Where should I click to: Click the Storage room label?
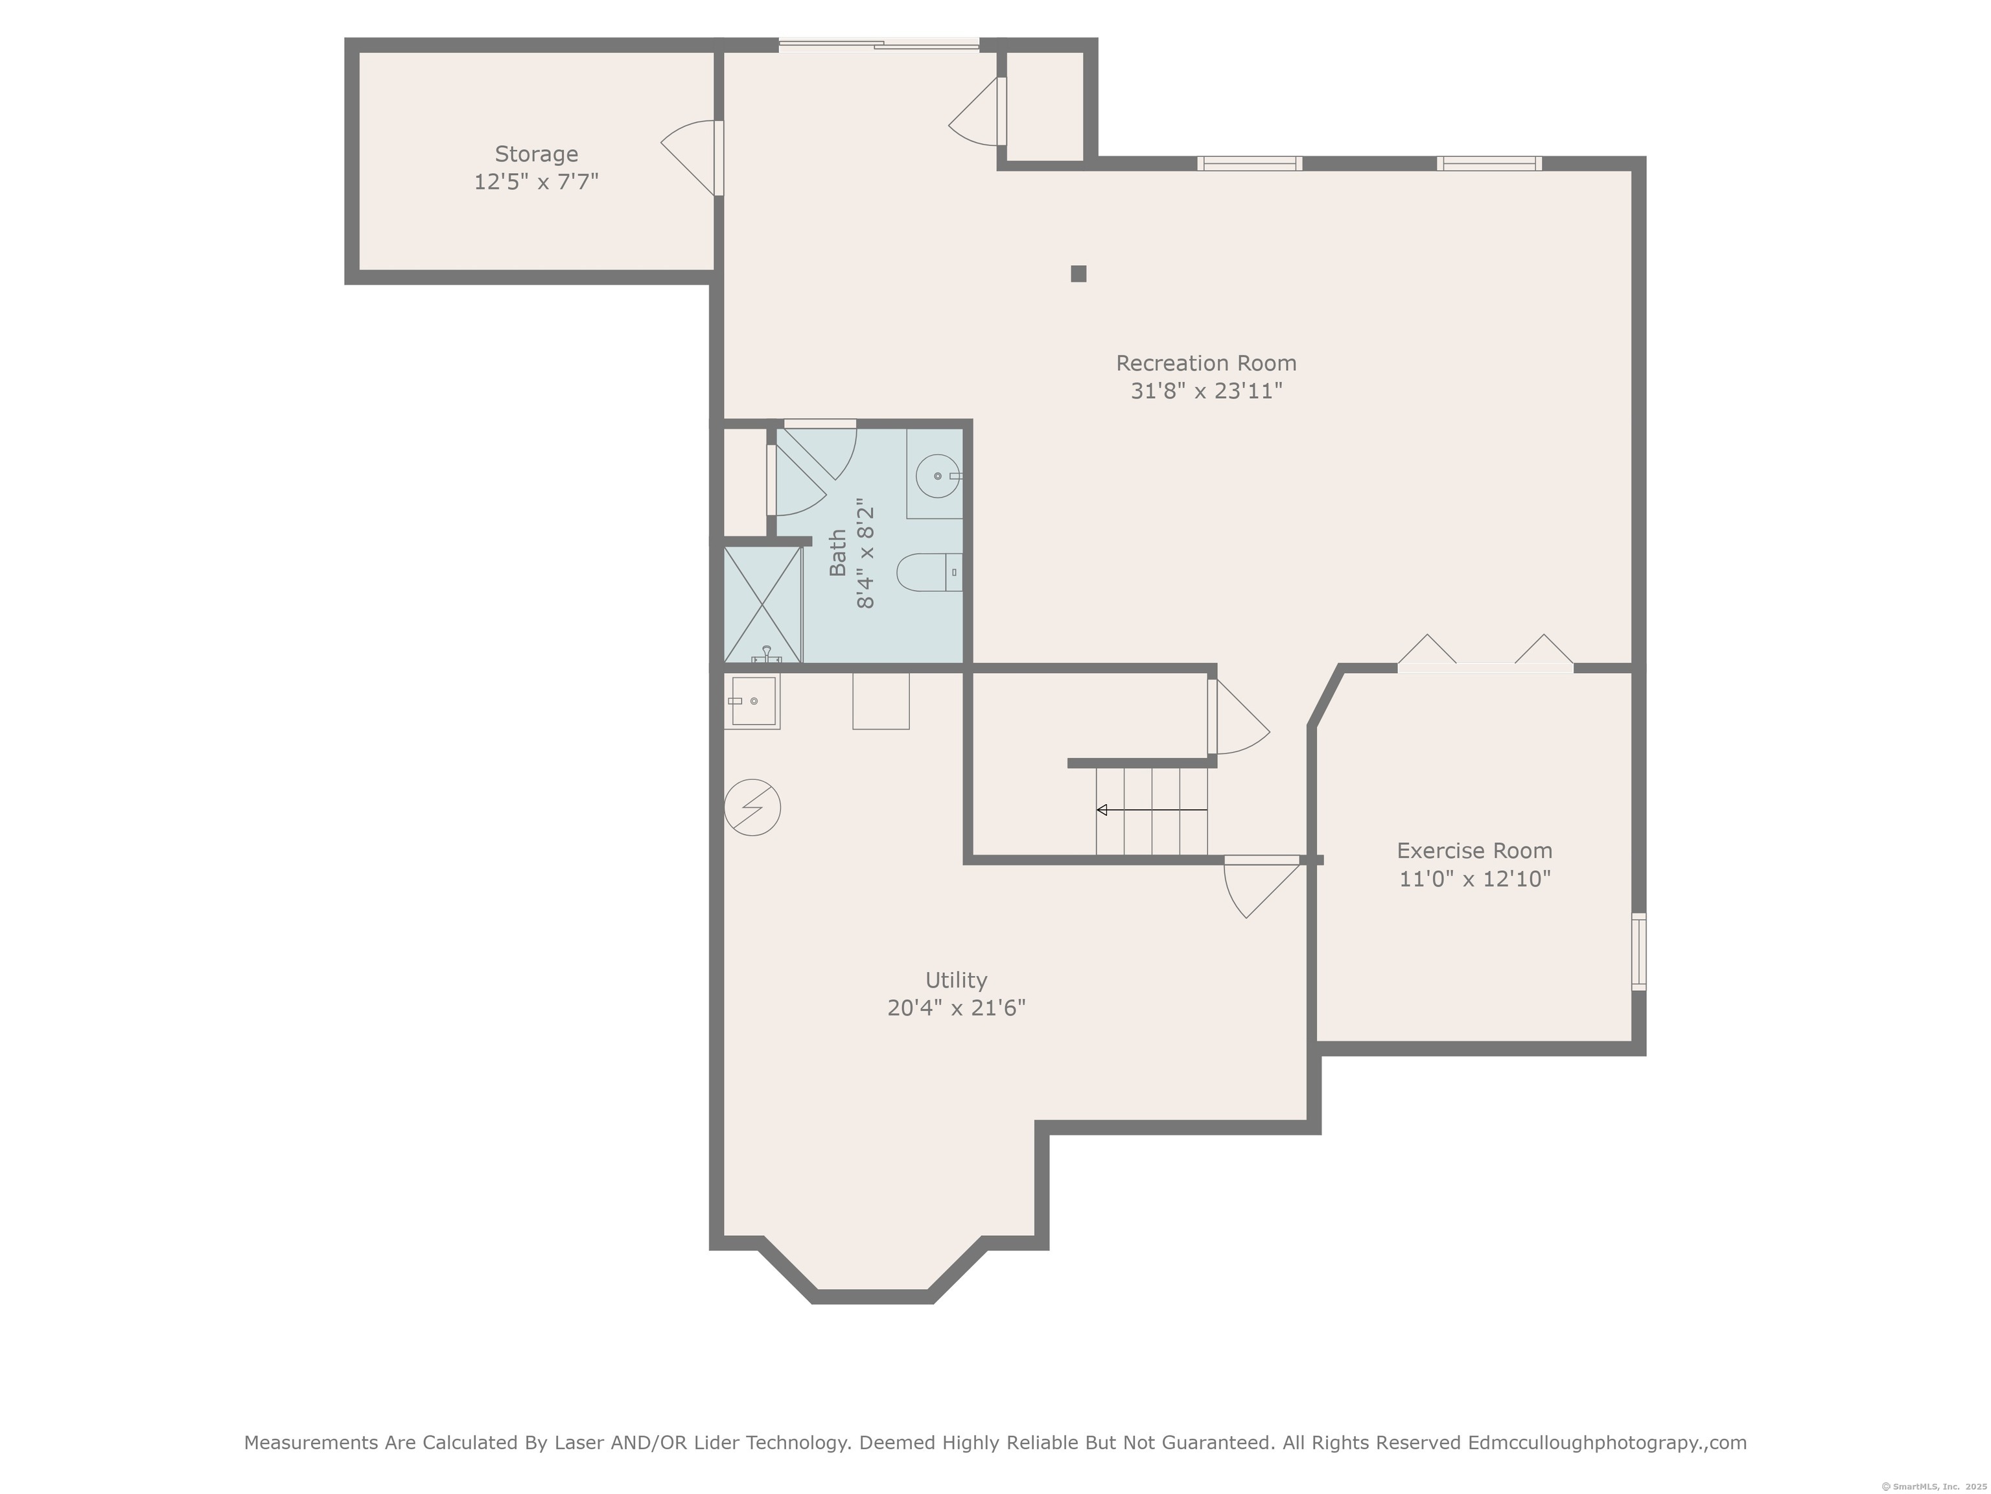[537, 154]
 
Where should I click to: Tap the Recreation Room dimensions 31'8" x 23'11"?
[1206, 391]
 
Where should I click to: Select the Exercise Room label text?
[1474, 851]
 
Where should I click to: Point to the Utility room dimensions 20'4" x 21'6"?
[956, 1008]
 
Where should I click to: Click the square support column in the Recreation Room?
[1078, 274]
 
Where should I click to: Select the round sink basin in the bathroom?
[938, 475]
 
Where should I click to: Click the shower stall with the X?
[762, 605]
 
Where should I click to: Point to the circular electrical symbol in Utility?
[752, 807]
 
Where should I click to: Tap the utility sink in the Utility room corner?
[752, 700]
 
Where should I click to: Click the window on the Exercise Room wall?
[1639, 952]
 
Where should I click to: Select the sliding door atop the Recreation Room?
[878, 43]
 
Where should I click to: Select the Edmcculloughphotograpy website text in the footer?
[1607, 1443]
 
